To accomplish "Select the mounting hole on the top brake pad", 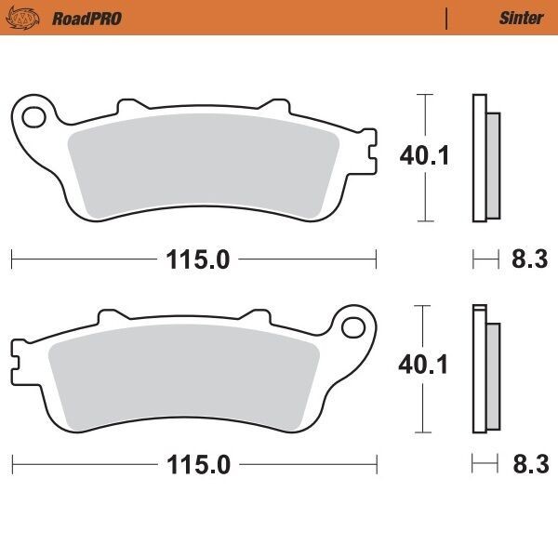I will (x=33, y=117).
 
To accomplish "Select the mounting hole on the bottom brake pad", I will (x=353, y=327).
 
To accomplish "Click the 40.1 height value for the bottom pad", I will (x=424, y=365).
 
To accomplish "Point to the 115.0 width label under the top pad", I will (x=198, y=260).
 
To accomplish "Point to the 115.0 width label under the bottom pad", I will (x=198, y=465).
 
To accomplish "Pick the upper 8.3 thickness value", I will (x=528, y=260).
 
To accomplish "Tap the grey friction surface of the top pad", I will (x=205, y=167).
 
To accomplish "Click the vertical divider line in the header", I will (x=446, y=18).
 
